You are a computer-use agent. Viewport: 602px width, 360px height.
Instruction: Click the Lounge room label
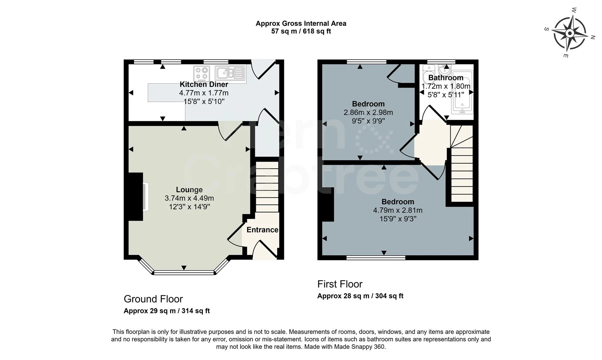pyautogui.click(x=189, y=190)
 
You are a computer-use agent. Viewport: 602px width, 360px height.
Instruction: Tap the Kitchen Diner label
pyautogui.click(x=204, y=84)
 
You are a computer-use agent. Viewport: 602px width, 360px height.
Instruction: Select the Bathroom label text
pyautogui.click(x=446, y=78)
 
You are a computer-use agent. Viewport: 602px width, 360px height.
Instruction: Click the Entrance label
pyautogui.click(x=262, y=230)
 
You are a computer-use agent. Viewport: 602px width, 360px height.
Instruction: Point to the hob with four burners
pyautogui.click(x=202, y=74)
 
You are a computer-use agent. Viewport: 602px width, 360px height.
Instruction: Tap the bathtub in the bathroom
pyautogui.click(x=462, y=92)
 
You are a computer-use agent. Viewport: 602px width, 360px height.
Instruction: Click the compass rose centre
pyautogui.click(x=570, y=33)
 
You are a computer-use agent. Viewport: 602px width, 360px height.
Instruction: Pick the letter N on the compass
pyautogui.click(x=593, y=37)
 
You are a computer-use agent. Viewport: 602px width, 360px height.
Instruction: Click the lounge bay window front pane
pyautogui.click(x=184, y=273)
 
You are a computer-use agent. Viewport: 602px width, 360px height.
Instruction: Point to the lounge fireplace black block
pyautogui.click(x=136, y=197)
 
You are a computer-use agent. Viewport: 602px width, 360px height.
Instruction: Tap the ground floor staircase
pyautogui.click(x=267, y=187)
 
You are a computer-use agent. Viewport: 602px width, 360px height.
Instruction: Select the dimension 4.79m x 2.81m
pyautogui.click(x=398, y=210)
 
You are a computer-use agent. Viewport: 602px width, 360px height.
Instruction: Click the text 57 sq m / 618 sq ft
pyautogui.click(x=301, y=31)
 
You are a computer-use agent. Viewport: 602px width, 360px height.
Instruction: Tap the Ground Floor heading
pyautogui.click(x=153, y=299)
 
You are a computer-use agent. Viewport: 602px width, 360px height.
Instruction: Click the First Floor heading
pyautogui.click(x=340, y=284)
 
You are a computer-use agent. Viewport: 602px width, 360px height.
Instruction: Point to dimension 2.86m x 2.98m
pyautogui.click(x=368, y=113)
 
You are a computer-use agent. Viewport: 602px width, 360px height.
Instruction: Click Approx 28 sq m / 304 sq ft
pyautogui.click(x=360, y=296)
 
